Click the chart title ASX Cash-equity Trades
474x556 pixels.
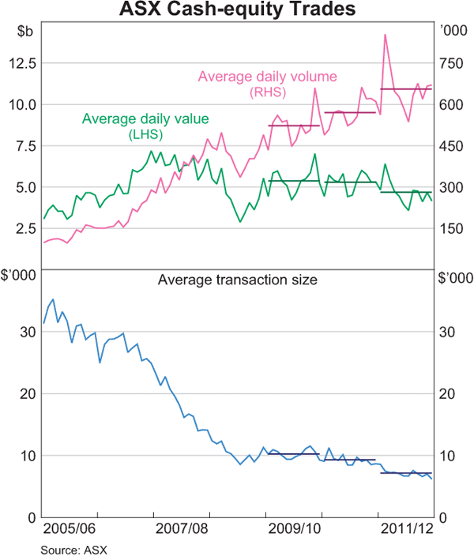click(x=237, y=10)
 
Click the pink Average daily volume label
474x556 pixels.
click(x=267, y=77)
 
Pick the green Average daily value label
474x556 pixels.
click(x=145, y=119)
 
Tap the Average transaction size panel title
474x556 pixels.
click(x=238, y=279)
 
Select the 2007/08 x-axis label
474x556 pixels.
click(x=182, y=528)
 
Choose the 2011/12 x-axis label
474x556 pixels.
click(x=406, y=528)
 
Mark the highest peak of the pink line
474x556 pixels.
click(x=385, y=35)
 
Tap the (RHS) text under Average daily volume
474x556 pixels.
click(x=268, y=92)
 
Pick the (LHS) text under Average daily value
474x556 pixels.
click(x=145, y=134)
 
